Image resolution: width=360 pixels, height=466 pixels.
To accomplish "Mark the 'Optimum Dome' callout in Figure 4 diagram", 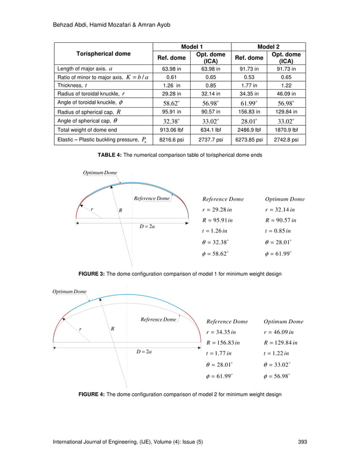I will coord(69,292).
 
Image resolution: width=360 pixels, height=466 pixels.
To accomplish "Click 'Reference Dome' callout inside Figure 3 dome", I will coord(151,199).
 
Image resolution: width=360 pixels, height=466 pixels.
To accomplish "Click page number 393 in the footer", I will coord(302,440).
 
